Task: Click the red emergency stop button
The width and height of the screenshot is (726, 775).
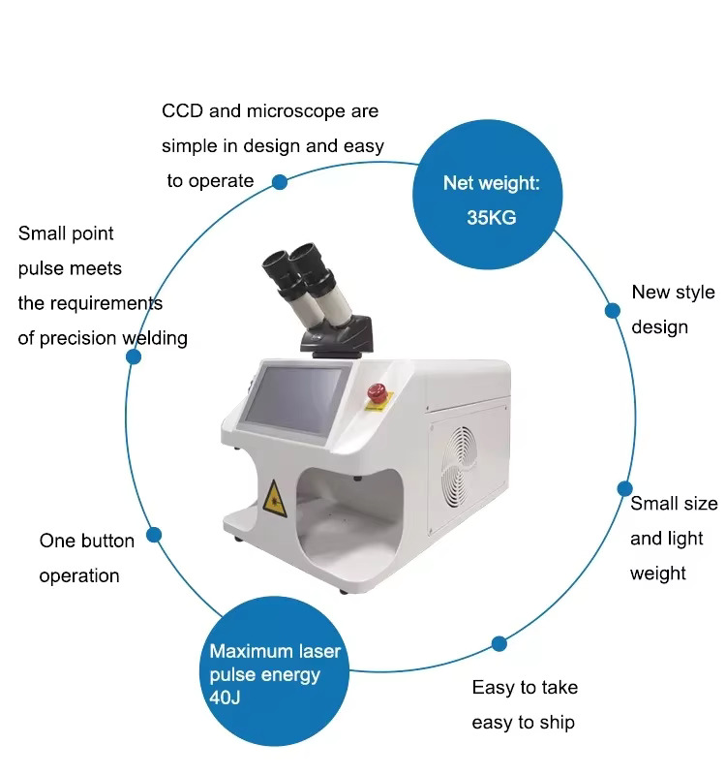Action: tap(377, 392)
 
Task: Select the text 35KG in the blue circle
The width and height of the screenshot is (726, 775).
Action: tap(491, 217)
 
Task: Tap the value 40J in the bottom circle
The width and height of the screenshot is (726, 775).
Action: tap(225, 697)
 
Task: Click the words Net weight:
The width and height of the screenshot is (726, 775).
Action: tap(491, 183)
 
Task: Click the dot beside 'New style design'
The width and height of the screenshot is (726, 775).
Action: tap(613, 310)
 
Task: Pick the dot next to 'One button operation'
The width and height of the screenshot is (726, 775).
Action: tap(153, 535)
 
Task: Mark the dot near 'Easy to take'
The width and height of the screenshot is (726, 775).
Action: tap(499, 643)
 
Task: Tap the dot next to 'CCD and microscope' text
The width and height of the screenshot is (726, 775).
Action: tap(279, 181)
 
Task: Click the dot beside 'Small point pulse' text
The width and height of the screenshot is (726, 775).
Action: tap(134, 356)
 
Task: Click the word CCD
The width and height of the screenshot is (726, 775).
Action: tap(183, 111)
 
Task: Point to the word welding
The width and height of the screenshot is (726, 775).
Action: tap(155, 338)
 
